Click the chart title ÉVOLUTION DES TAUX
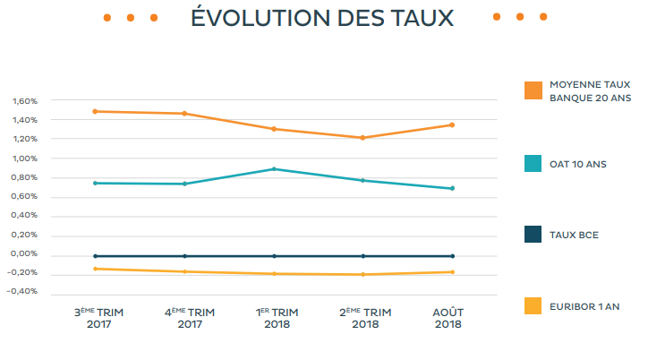point(322,18)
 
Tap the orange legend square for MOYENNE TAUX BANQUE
point(533,90)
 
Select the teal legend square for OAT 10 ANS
point(533,163)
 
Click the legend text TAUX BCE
point(574,236)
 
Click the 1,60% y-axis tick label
point(24,101)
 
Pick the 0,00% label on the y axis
point(24,254)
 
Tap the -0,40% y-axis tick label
point(23,292)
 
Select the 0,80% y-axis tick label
point(24,177)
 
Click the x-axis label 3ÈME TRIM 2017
point(98,318)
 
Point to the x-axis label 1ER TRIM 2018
point(277,318)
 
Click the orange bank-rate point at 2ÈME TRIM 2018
point(362,138)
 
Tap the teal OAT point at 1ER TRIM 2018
point(274,168)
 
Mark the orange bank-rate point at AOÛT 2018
point(452,124)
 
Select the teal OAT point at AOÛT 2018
point(452,188)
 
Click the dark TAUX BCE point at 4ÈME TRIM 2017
point(184,256)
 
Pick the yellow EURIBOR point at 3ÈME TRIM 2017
point(95,269)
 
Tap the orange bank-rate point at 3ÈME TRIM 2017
point(95,111)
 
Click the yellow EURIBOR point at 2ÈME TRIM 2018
point(362,274)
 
